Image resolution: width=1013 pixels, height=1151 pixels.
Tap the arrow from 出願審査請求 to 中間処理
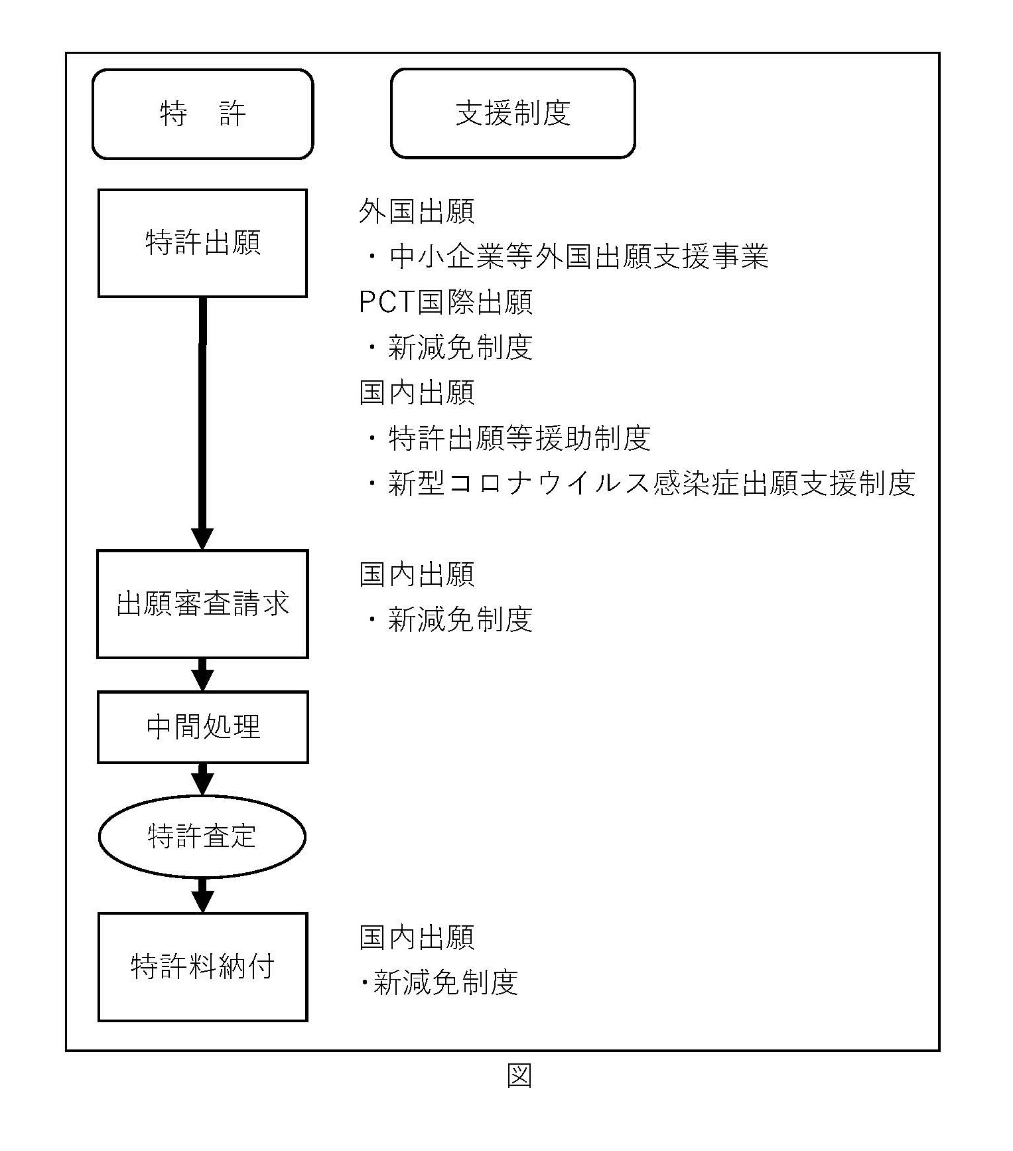pyautogui.click(x=202, y=675)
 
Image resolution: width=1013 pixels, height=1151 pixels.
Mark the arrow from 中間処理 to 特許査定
pyautogui.click(x=202, y=779)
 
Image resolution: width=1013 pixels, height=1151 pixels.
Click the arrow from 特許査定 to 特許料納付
pyautogui.click(x=202, y=895)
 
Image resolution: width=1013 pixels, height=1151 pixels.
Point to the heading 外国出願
pyautogui.click(x=417, y=212)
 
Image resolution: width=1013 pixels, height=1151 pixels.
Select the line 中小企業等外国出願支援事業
pyautogui.click(x=578, y=257)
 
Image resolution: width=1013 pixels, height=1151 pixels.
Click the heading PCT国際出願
pyautogui.click(x=445, y=302)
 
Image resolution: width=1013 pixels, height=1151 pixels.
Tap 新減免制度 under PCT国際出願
pyautogui.click(x=460, y=347)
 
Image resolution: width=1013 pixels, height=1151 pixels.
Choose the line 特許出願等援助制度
pyautogui.click(x=519, y=437)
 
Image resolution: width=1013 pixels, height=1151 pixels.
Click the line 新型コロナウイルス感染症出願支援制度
pyautogui.click(x=651, y=483)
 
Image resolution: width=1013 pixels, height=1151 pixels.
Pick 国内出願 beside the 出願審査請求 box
pyautogui.click(x=417, y=574)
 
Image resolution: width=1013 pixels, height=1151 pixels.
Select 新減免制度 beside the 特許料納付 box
pyautogui.click(x=445, y=982)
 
